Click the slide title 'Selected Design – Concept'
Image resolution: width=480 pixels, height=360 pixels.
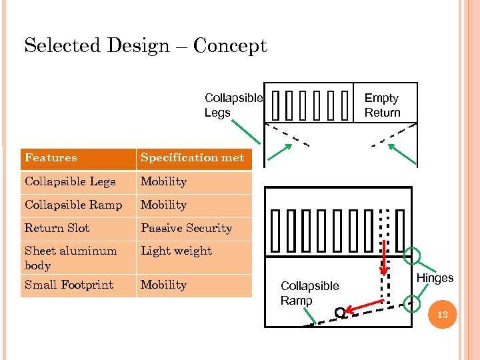145,46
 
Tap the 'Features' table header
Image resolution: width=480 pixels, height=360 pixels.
51,158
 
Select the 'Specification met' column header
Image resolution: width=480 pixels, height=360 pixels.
192,158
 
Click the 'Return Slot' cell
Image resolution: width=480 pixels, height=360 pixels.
57,228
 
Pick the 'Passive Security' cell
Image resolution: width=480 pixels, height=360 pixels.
186,228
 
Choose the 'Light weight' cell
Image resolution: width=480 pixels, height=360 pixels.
176,251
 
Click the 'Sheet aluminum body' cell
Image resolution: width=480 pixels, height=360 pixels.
70,258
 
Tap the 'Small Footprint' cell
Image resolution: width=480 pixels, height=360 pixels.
69,285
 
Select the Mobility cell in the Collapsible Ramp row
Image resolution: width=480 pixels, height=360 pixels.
163,205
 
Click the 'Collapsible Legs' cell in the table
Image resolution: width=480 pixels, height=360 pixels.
70,181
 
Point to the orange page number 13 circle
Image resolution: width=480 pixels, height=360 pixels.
443,313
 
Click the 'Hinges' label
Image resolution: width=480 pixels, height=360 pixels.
435,278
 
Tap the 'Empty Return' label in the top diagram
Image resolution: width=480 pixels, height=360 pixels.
382,105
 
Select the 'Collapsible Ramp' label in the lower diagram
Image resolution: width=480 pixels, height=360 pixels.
309,293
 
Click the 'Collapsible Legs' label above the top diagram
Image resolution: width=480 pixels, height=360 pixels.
233,105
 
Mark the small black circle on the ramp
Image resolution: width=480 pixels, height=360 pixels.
340,312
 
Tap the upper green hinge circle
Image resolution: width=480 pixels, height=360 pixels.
413,255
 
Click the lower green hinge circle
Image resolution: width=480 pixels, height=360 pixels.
413,303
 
